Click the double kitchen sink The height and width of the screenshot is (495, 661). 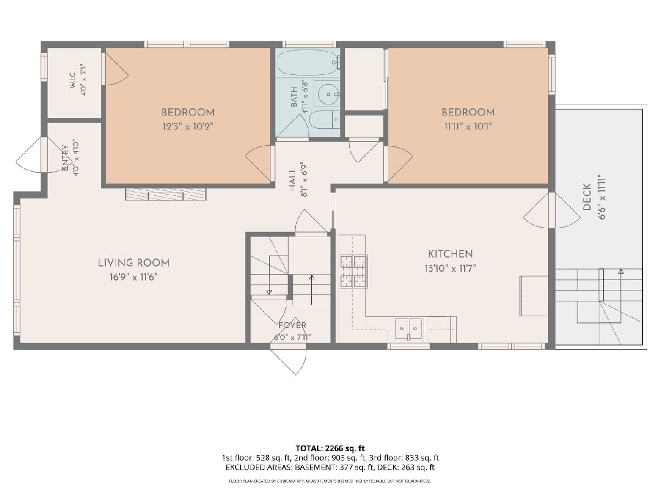click(408, 328)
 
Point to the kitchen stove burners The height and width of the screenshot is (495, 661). click(354, 271)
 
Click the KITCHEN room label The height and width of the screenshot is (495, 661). click(450, 254)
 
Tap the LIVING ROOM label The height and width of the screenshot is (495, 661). click(134, 263)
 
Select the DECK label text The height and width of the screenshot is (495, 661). click(587, 197)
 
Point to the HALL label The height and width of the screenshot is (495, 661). click(292, 179)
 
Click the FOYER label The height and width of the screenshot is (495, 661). click(292, 325)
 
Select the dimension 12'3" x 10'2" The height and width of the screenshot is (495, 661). click(188, 127)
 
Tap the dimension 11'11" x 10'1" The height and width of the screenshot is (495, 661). click(468, 127)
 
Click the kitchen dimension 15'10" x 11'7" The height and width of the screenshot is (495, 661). click(450, 268)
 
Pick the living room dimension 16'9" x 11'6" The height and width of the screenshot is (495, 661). click(134, 277)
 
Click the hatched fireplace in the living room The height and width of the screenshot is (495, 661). click(166, 195)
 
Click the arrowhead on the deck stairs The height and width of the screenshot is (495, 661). click(621, 271)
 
